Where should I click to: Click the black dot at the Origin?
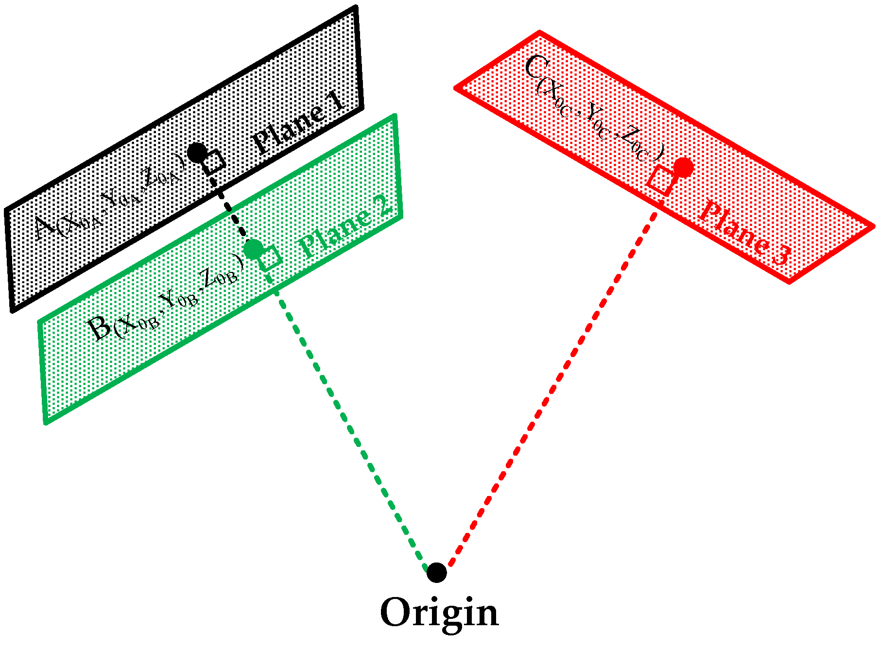[436, 573]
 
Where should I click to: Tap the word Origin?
[439, 614]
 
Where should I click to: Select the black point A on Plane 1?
[197, 153]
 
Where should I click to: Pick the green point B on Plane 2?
[253, 249]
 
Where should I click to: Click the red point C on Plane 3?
[683, 168]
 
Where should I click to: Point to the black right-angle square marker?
[214, 162]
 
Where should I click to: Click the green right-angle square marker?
[270, 257]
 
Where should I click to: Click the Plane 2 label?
[345, 228]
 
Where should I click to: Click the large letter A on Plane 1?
[45, 228]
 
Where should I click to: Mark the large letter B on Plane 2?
[100, 329]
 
